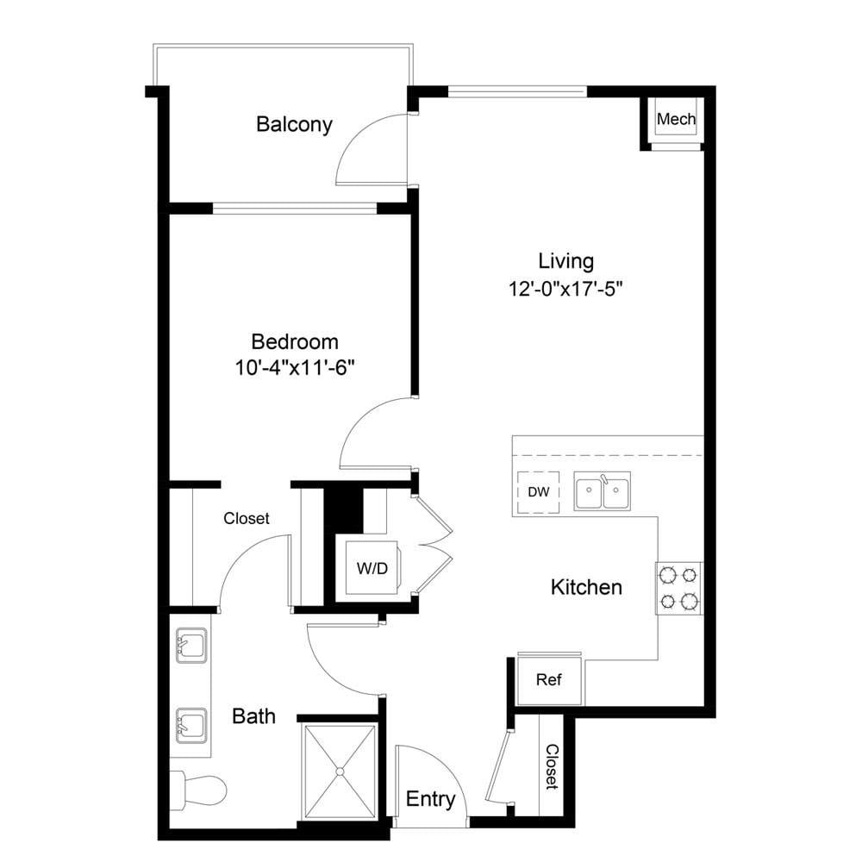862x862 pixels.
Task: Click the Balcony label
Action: [294, 124]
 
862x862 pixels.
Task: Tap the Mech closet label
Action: [676, 119]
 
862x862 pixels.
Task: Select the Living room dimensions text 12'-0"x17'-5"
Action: [566, 288]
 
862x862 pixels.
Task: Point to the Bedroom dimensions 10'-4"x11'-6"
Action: [294, 367]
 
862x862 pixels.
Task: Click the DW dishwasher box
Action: [538, 492]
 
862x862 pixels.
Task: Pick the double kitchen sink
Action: [602, 490]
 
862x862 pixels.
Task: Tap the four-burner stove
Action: [678, 588]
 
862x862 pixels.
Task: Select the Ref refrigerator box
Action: [548, 680]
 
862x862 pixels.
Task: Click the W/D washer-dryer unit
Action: [372, 568]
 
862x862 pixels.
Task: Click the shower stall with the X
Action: [340, 771]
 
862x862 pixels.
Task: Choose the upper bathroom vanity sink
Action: [191, 646]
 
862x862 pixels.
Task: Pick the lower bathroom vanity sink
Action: [191, 725]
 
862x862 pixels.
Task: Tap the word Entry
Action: [430, 799]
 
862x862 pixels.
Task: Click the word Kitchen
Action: [586, 587]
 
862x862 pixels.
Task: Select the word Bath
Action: [253, 716]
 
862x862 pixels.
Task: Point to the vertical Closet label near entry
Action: [552, 767]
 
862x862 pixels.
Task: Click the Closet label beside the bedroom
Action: [247, 518]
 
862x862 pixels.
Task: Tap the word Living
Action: [565, 262]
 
